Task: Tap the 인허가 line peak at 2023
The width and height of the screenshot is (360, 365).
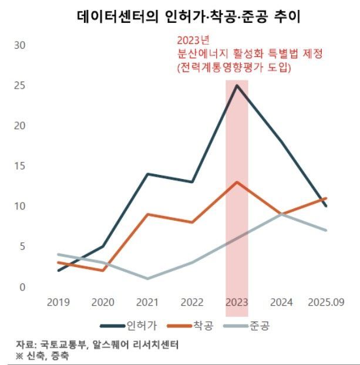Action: pos(237,85)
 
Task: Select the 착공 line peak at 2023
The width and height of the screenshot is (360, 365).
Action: pos(237,182)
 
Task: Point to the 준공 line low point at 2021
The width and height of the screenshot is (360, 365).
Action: pos(147,278)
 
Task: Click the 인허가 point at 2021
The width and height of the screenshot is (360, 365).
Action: pos(147,174)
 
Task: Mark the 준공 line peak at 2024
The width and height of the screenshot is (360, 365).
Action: pos(282,214)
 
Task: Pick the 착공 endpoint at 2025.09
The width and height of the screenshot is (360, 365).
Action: pos(326,198)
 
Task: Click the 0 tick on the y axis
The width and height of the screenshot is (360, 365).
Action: pos(22,287)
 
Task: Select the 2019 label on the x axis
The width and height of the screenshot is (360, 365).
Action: pos(58,302)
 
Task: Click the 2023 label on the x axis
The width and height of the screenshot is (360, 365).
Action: pos(237,302)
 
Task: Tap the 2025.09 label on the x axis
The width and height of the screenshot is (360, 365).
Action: pos(326,302)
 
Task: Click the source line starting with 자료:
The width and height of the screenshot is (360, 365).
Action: pos(97,344)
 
